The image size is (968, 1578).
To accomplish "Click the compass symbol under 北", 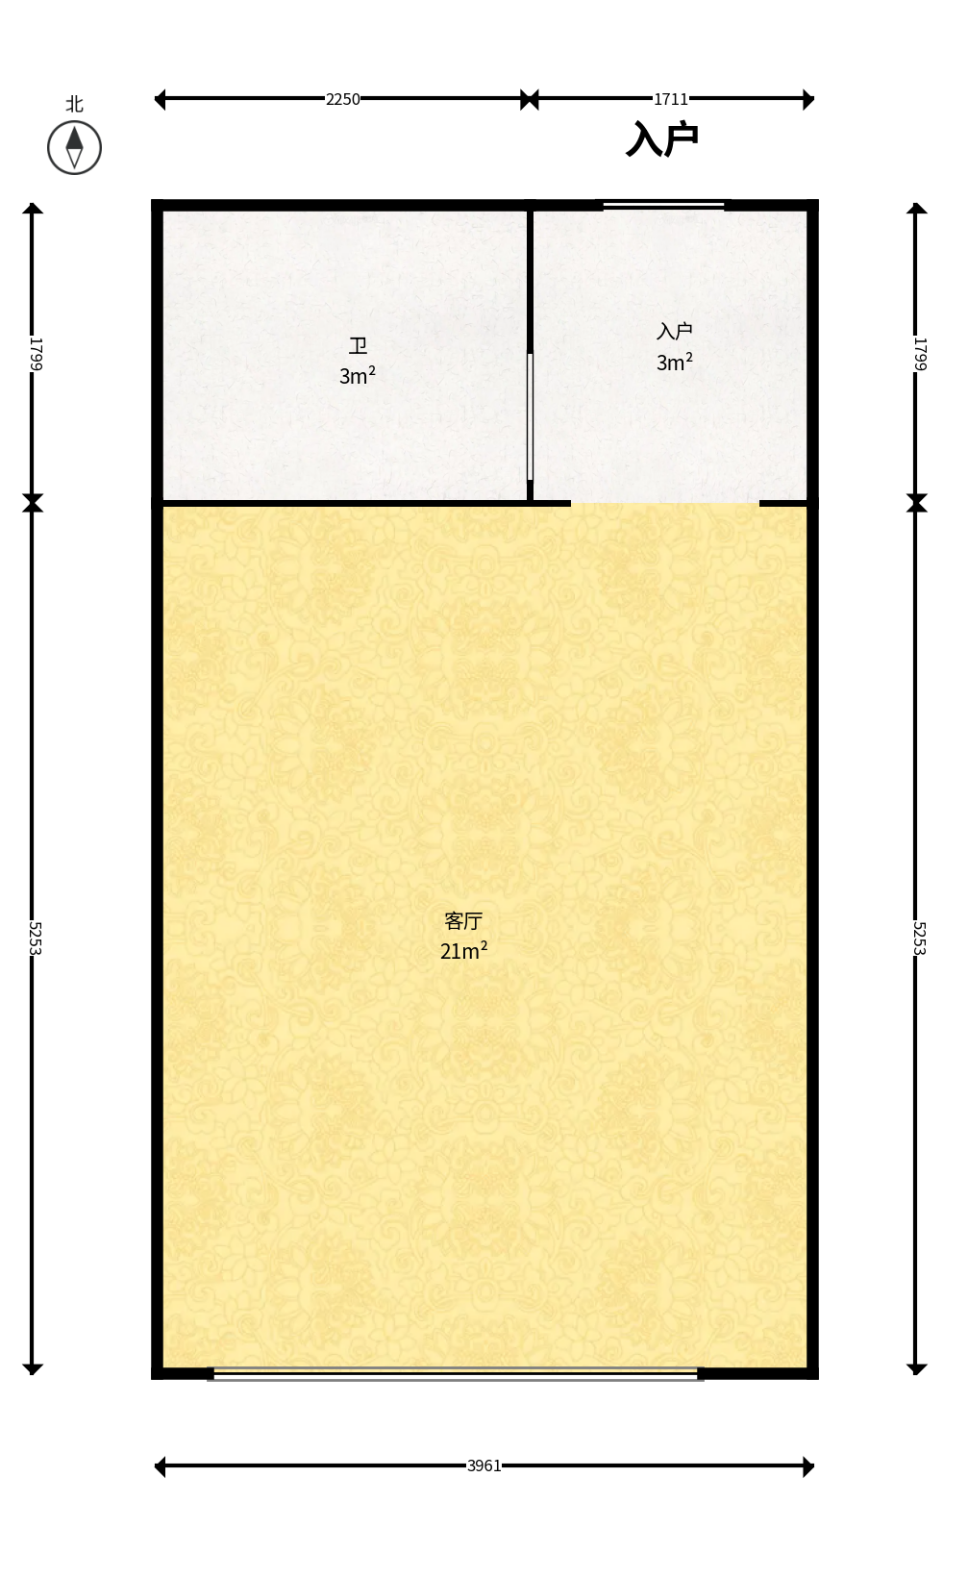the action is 74,147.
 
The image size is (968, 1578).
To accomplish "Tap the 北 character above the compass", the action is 74,104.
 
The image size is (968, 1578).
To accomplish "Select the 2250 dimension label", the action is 343,99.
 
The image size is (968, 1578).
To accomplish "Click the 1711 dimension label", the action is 671,99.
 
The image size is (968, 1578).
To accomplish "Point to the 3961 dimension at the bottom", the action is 484,1466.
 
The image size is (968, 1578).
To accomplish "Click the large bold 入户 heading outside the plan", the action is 661,138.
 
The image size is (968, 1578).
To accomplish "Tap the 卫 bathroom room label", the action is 358,346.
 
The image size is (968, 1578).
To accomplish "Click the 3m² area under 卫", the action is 357,375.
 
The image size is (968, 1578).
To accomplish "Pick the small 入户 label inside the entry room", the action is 675,331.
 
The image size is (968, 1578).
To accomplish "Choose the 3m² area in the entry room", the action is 675,362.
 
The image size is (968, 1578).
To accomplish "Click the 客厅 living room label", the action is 463,920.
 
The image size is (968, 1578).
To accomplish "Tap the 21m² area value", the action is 464,950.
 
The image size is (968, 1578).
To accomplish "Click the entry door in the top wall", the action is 664,206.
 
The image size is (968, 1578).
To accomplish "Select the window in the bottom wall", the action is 456,1374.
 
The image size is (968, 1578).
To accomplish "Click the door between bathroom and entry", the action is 530,417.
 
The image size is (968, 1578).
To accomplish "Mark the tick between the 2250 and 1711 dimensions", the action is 530,99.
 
